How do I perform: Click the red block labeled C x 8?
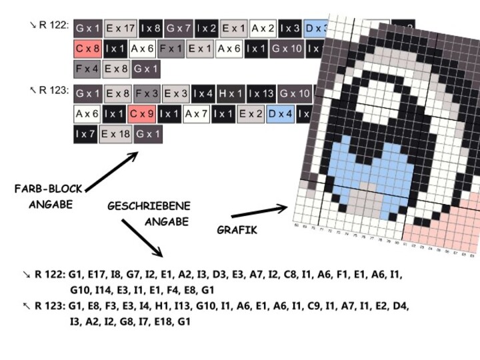[x=87, y=49]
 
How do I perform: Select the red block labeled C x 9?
[x=142, y=114]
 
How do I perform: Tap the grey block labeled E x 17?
[x=121, y=29]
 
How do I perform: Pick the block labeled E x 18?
[x=116, y=134]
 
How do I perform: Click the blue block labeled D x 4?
[x=280, y=114]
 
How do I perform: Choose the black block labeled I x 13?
[x=261, y=94]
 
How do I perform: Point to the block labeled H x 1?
[x=231, y=94]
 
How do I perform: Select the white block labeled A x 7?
[x=197, y=114]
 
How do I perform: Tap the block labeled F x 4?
[x=87, y=69]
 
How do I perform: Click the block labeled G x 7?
[x=179, y=29]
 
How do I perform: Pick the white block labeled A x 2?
[x=263, y=29]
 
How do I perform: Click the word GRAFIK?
[x=237, y=231]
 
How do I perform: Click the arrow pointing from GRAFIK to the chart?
[x=260, y=211]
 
